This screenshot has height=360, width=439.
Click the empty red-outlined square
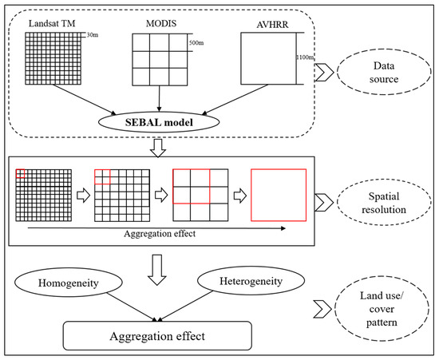coord(278,196)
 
